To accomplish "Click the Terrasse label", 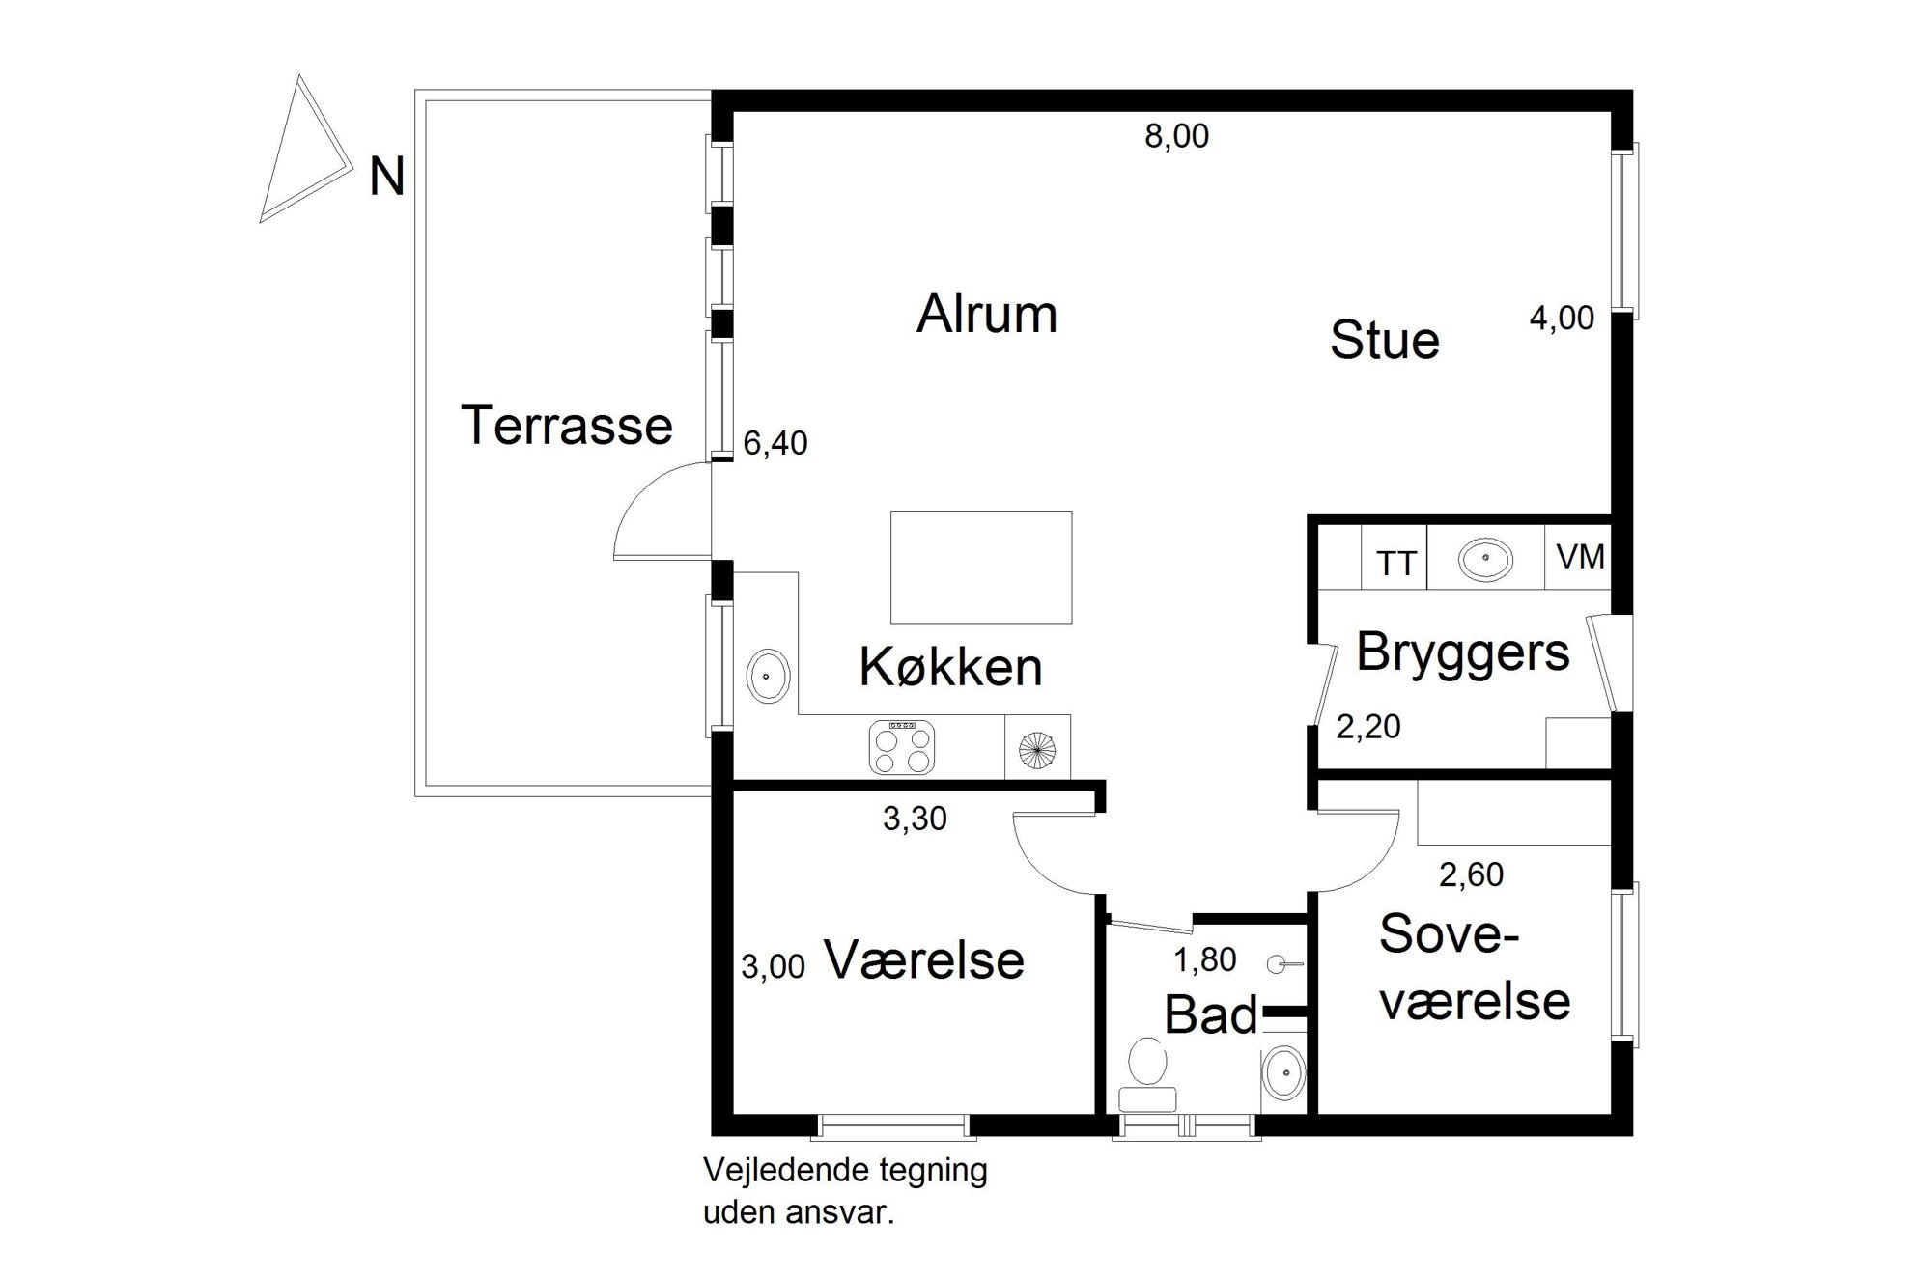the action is [567, 426].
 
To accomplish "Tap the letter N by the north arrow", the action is [386, 178].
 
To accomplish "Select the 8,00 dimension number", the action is [1176, 136].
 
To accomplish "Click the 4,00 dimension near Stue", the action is [1562, 319].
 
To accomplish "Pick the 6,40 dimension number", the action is [775, 443].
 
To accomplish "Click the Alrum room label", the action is [987, 315].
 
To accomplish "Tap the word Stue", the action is [1385, 341].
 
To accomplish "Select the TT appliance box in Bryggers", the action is [1395, 557].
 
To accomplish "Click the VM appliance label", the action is [1581, 557].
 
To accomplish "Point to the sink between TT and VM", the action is [1485, 559].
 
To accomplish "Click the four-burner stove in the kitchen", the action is [902, 747].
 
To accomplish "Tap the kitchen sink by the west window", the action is [768, 676].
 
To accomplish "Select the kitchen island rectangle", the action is [981, 567].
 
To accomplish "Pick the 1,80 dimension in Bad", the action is [1205, 960].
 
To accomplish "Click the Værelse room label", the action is [924, 960].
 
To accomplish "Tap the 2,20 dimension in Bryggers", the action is [1368, 727].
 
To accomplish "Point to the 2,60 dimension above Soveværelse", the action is [1472, 874].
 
